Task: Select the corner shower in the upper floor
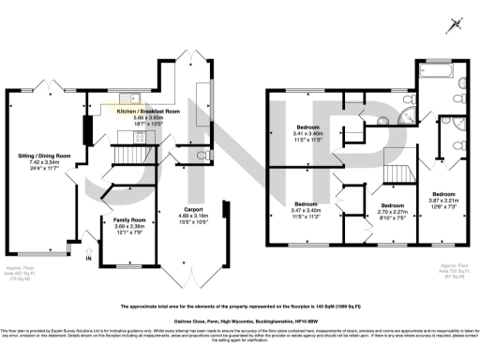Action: click(x=407, y=114)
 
